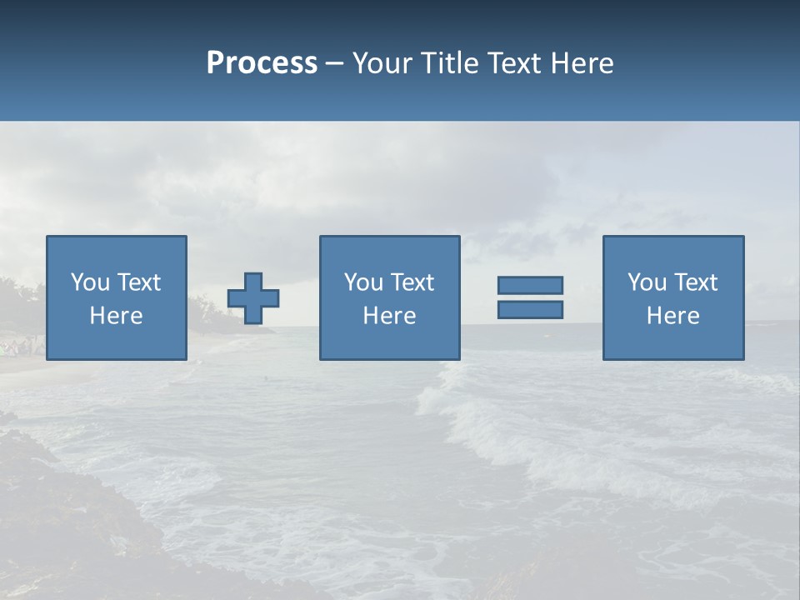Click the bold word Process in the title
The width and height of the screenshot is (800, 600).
pyautogui.click(x=262, y=63)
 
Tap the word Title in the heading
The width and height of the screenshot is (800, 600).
pyautogui.click(x=447, y=63)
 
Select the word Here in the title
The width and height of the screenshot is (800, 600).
pyautogui.click(x=582, y=63)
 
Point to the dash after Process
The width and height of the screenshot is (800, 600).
pyautogui.click(x=335, y=64)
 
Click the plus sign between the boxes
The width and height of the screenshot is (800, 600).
pyautogui.click(x=253, y=298)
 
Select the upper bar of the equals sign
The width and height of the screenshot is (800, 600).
pyautogui.click(x=530, y=285)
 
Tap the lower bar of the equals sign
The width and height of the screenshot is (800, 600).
pyautogui.click(x=530, y=309)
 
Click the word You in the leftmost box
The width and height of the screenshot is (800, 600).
pyautogui.click(x=90, y=282)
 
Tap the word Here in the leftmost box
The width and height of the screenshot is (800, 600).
pyautogui.click(x=117, y=316)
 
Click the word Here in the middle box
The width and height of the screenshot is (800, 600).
pyautogui.click(x=389, y=316)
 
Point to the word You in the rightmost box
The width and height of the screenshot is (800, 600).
pyautogui.click(x=647, y=282)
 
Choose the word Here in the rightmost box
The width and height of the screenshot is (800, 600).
pyautogui.click(x=673, y=316)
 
